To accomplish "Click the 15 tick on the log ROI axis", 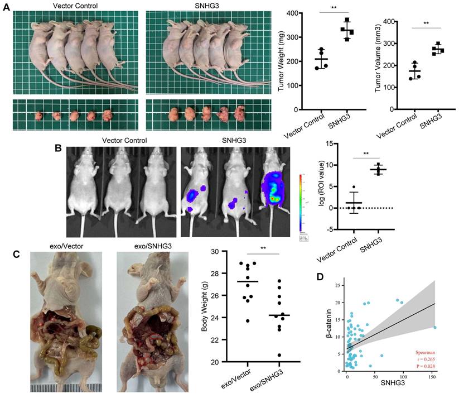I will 332,143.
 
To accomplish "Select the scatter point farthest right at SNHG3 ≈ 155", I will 434,328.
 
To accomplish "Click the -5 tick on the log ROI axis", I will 332,229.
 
